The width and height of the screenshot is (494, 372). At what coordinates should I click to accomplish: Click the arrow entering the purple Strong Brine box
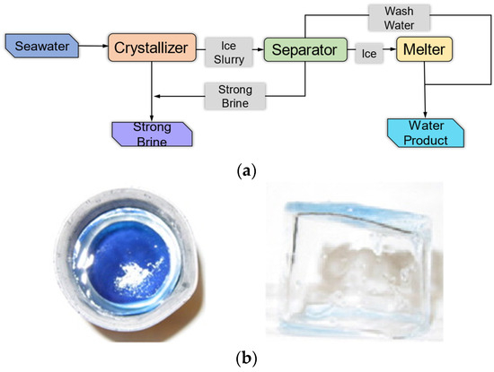(x=151, y=108)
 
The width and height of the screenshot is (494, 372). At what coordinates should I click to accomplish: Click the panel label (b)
(x=246, y=359)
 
